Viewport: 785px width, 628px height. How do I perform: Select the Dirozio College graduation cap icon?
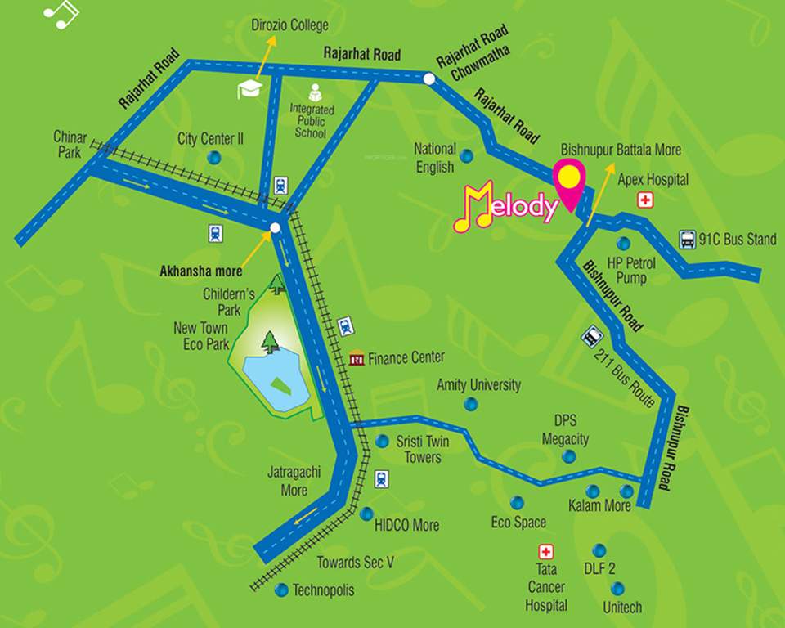click(x=249, y=89)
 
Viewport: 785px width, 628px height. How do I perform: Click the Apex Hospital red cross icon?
click(x=646, y=200)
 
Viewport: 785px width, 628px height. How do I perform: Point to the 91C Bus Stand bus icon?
click(x=689, y=240)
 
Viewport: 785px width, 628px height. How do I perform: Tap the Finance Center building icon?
click(x=357, y=358)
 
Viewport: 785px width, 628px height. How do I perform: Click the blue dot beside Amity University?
click(x=471, y=404)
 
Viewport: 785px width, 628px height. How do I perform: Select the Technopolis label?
click(x=324, y=590)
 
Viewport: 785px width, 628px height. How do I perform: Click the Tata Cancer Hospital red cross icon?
click(x=545, y=553)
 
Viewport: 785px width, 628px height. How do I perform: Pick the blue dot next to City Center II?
click(x=213, y=157)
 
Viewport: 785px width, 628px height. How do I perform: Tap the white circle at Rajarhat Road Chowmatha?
click(x=429, y=78)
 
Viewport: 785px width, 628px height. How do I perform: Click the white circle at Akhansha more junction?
click(x=276, y=228)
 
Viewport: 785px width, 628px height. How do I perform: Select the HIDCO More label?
click(x=406, y=525)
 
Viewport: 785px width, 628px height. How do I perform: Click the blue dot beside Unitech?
click(x=617, y=588)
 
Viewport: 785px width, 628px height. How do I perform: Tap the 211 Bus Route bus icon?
click(x=590, y=337)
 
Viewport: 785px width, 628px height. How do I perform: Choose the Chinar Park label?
click(x=70, y=144)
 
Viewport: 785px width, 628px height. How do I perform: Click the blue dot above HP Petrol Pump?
click(x=624, y=243)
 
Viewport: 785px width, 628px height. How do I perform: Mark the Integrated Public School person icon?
click(x=314, y=92)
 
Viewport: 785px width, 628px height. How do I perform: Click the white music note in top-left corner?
click(x=61, y=13)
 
